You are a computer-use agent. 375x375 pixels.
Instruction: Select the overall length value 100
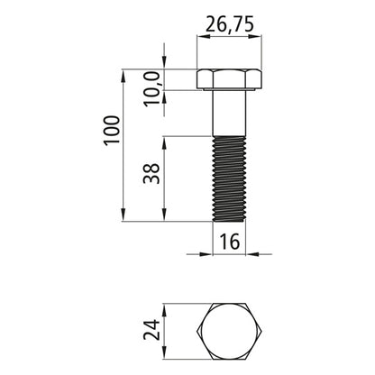(109, 132)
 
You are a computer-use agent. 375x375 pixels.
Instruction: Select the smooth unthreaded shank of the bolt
(229, 113)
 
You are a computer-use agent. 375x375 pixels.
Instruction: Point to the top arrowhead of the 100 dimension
(123, 72)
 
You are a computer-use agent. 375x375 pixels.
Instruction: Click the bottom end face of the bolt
(229, 221)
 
